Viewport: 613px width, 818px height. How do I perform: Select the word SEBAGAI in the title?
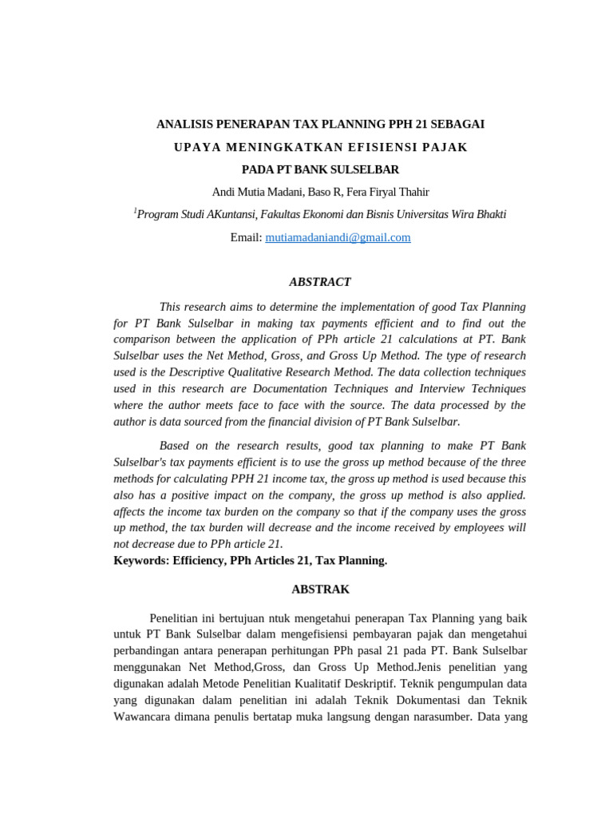pyautogui.click(x=457, y=125)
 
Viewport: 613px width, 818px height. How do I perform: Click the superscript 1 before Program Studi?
pyautogui.click(x=135, y=211)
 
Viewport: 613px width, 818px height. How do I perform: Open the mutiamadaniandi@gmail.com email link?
pyautogui.click(x=338, y=237)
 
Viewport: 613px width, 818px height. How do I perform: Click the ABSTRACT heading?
pyautogui.click(x=319, y=282)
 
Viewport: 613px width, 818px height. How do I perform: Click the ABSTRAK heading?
pyautogui.click(x=320, y=590)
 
